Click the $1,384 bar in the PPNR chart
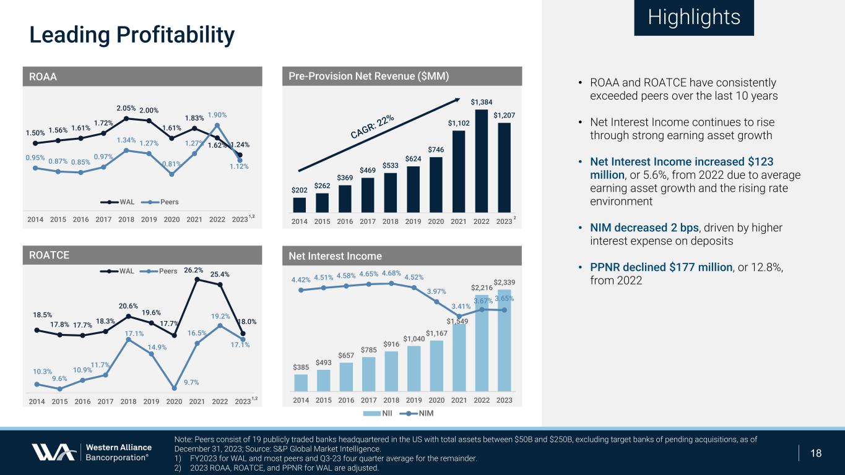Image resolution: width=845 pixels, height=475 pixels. (x=482, y=161)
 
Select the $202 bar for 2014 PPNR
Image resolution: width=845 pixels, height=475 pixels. (x=300, y=205)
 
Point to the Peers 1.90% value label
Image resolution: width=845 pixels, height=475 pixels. (x=217, y=115)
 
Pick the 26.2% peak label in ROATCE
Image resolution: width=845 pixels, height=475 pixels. (x=194, y=270)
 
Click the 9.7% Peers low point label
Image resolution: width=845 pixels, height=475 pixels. (x=175, y=382)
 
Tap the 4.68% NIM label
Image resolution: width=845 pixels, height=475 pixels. (x=392, y=273)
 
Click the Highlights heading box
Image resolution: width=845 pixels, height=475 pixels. (x=694, y=17)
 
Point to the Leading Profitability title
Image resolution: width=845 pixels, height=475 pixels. (x=132, y=35)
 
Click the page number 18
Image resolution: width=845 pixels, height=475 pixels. (x=816, y=453)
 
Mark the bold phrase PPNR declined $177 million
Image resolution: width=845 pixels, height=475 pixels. (x=661, y=267)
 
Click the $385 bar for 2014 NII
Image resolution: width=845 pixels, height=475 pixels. (x=301, y=382)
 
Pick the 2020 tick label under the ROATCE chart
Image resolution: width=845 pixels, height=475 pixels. (x=174, y=401)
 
